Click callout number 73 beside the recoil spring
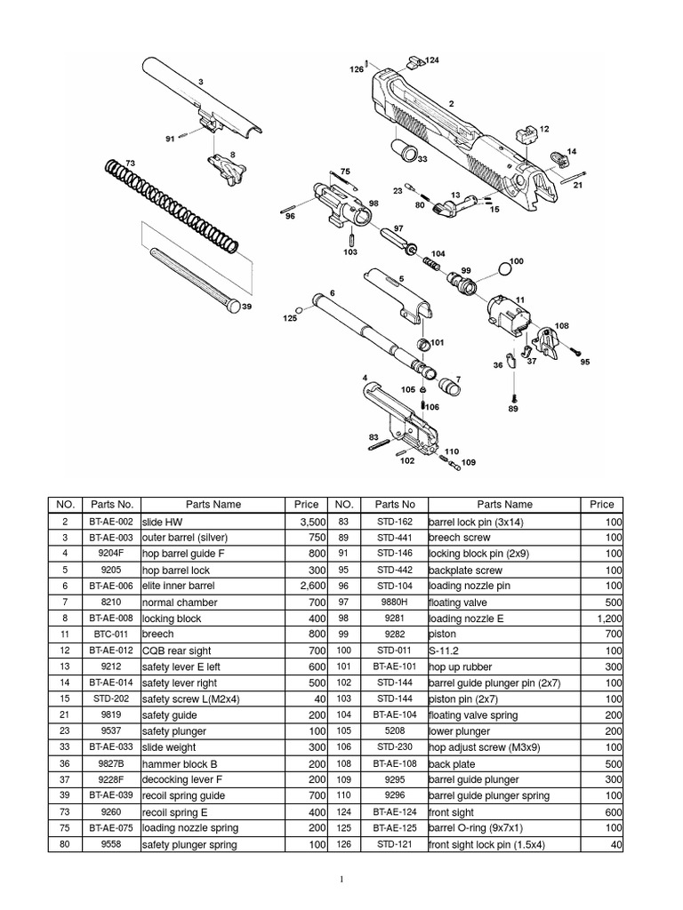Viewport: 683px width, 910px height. (131, 164)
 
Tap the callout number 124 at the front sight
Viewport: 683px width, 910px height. (432, 60)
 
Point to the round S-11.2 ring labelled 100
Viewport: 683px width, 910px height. (502, 268)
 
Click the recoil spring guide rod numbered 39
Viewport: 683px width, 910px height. (191, 280)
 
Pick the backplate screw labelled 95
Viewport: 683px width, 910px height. (574, 351)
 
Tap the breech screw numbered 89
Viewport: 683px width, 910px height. (513, 391)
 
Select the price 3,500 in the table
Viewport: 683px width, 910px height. (312, 522)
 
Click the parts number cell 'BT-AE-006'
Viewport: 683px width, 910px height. (111, 587)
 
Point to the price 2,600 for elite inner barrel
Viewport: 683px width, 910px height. (312, 587)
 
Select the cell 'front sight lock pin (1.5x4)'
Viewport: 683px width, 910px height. (486, 845)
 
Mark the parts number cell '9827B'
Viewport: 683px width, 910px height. (111, 764)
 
